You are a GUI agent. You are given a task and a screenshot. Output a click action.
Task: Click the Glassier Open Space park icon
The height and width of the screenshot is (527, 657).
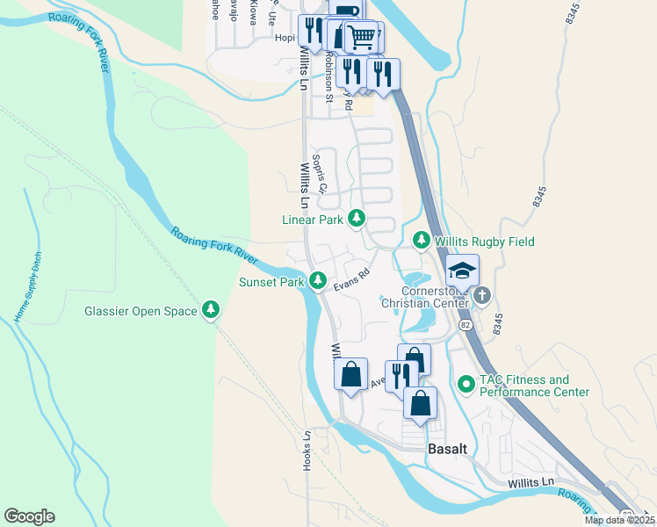click(x=211, y=310)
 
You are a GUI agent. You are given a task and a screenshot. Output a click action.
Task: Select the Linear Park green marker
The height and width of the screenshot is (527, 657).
click(x=357, y=219)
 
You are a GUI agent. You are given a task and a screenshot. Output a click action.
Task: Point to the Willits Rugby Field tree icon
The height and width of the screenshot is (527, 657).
click(x=422, y=241)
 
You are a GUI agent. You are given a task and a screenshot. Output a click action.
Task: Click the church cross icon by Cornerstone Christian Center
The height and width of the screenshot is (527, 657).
click(x=482, y=297)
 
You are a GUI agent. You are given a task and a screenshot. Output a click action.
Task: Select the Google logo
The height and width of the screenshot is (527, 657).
click(x=29, y=516)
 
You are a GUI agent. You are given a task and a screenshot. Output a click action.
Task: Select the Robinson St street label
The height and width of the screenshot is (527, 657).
click(x=327, y=75)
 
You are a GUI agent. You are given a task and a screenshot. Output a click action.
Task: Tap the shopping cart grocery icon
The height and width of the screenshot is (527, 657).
click(x=360, y=37)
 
